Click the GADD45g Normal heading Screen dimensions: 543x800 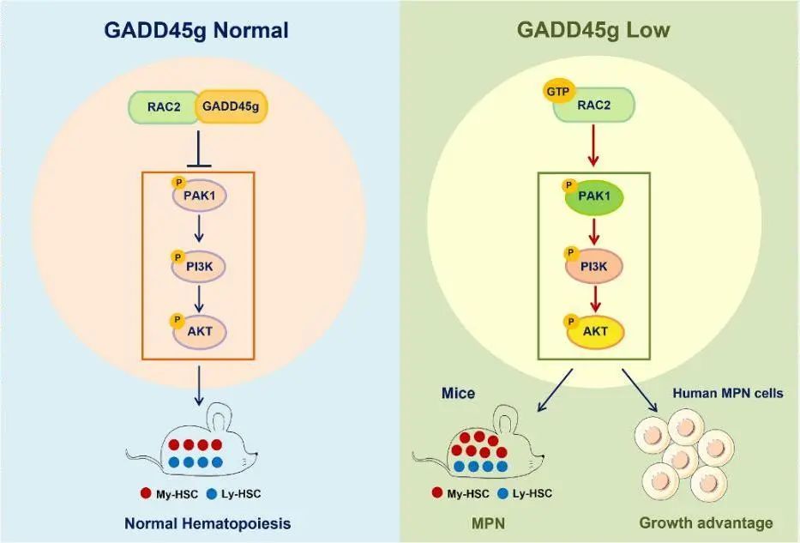tap(196, 31)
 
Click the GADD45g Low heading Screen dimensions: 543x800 tap(592, 31)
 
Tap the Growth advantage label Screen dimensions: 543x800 tap(706, 522)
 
